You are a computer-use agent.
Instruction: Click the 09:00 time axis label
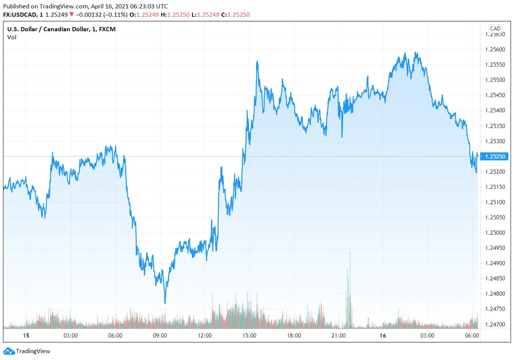coord(160,336)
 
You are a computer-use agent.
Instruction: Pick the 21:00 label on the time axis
coord(338,336)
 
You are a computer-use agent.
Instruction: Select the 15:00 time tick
coord(249,336)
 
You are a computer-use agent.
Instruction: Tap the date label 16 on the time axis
coord(383,336)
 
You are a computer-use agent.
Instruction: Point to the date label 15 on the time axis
coord(25,336)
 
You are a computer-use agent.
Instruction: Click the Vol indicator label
coord(12,37)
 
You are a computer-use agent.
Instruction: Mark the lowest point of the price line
coord(165,303)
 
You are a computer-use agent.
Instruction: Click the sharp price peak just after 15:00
coord(257,61)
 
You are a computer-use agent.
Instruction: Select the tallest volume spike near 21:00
coord(350,253)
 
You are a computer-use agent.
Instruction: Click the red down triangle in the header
coord(72,15)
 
